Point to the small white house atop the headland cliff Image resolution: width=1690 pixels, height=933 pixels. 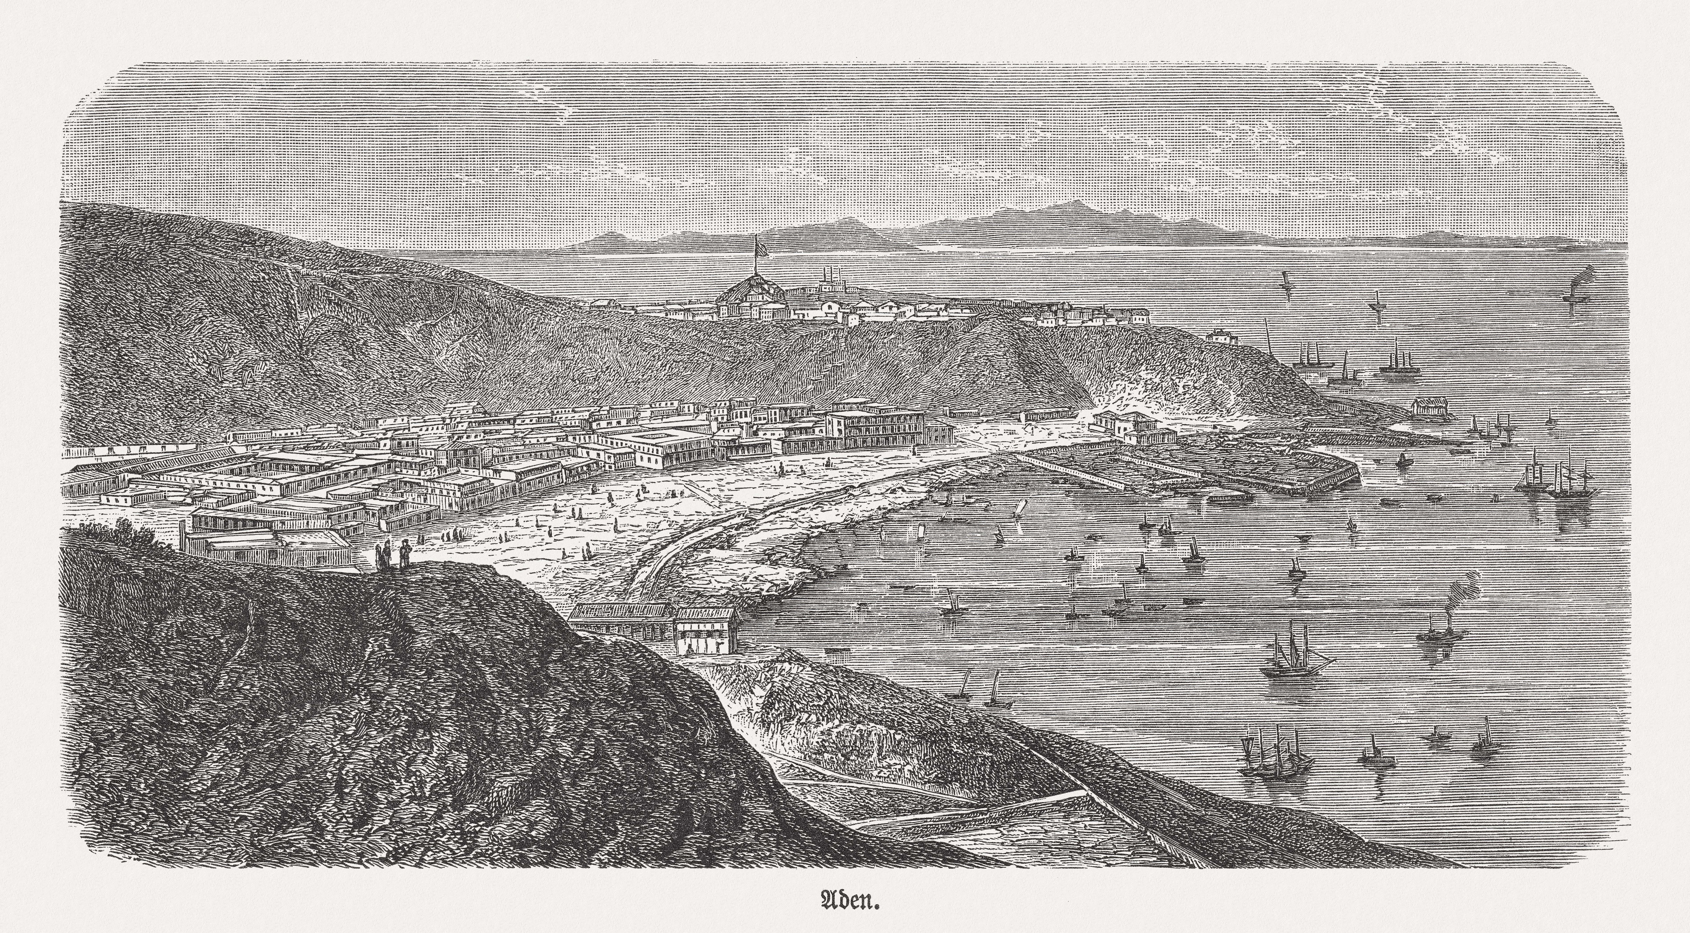pyautogui.click(x=1222, y=336)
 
